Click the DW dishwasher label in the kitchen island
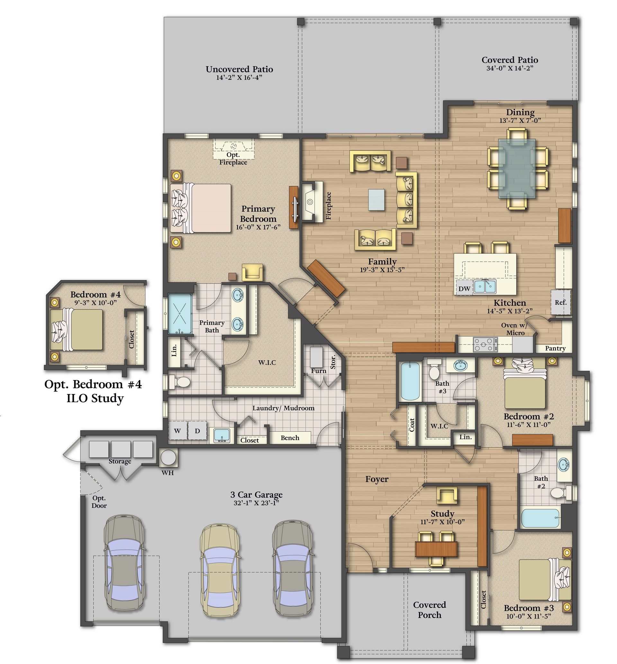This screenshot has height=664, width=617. tap(464, 289)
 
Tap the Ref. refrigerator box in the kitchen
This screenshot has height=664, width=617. tap(560, 302)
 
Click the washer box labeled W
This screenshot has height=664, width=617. tap(177, 431)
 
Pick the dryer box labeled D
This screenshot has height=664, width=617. tap(197, 431)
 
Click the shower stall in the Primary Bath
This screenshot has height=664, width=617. tap(180, 314)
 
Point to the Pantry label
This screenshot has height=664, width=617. tap(555, 348)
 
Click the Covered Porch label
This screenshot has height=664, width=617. tap(429, 610)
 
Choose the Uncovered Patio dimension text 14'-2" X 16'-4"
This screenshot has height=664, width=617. tap(239, 77)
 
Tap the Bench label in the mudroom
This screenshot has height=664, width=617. tap(290, 438)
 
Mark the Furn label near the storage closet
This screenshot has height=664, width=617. tap(318, 371)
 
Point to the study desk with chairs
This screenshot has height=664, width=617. tap(436, 549)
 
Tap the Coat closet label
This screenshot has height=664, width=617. tap(412, 425)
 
